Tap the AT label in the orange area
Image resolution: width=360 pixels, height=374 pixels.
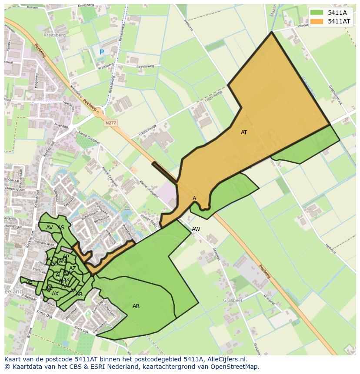(244, 132)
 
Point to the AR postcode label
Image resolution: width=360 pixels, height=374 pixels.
(136, 306)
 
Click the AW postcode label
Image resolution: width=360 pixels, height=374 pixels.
(196, 229)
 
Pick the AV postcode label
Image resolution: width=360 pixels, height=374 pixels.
(50, 228)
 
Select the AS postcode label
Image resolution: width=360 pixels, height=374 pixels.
(61, 228)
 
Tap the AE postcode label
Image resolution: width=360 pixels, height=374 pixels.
(29, 282)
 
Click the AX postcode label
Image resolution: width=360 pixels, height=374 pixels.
(55, 294)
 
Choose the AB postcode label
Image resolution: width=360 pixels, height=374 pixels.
(79, 294)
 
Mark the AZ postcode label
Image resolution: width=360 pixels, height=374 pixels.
(73, 268)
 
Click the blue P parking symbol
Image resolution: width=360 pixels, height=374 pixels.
(102, 52)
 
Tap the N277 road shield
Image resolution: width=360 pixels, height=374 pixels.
(111, 123)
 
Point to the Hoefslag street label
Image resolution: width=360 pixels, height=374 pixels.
(62, 126)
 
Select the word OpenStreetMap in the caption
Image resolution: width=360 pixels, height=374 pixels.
(234, 367)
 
